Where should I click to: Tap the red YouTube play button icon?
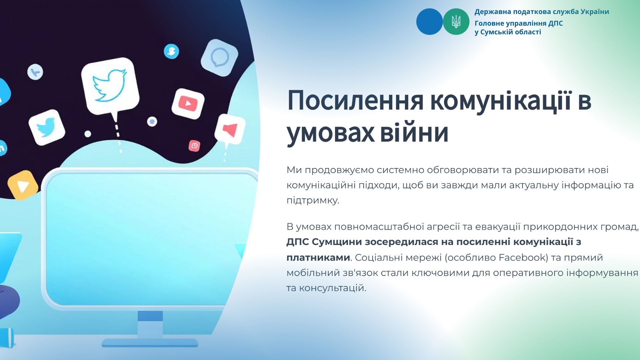pyautogui.click(x=188, y=104)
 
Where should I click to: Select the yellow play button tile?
pyautogui.click(x=23, y=185)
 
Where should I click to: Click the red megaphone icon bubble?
pyautogui.click(x=230, y=130)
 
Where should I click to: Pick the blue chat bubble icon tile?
pyautogui.click(x=219, y=58)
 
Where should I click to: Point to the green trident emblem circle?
pyautogui.click(x=456, y=22)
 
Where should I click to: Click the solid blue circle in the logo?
pyautogui.click(x=430, y=22)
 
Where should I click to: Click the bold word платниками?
pyautogui.click(x=318, y=258)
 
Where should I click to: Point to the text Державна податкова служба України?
pyautogui.click(x=542, y=12)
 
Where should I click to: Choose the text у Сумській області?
pyautogui.click(x=508, y=32)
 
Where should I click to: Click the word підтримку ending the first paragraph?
pyautogui.click(x=313, y=201)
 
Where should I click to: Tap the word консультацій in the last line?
pyautogui.click(x=333, y=288)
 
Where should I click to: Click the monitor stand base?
pyautogui.click(x=150, y=343)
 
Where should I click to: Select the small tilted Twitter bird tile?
pyautogui.click(x=47, y=127)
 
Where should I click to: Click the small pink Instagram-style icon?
pyautogui.click(x=194, y=146)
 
